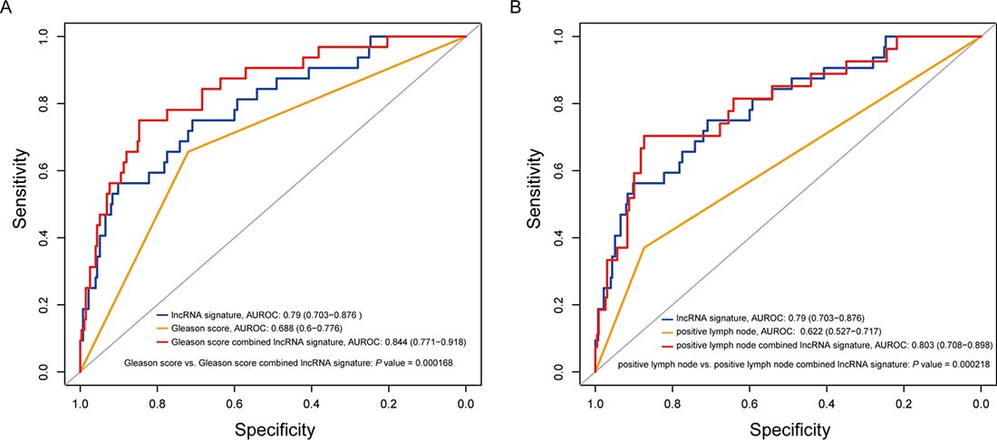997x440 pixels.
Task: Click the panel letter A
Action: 7,7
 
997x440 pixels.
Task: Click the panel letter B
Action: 518,7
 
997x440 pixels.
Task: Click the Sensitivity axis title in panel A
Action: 18,203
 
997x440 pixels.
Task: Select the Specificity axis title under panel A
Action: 272,426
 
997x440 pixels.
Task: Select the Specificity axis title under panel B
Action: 787,426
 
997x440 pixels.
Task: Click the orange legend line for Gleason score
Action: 168,327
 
